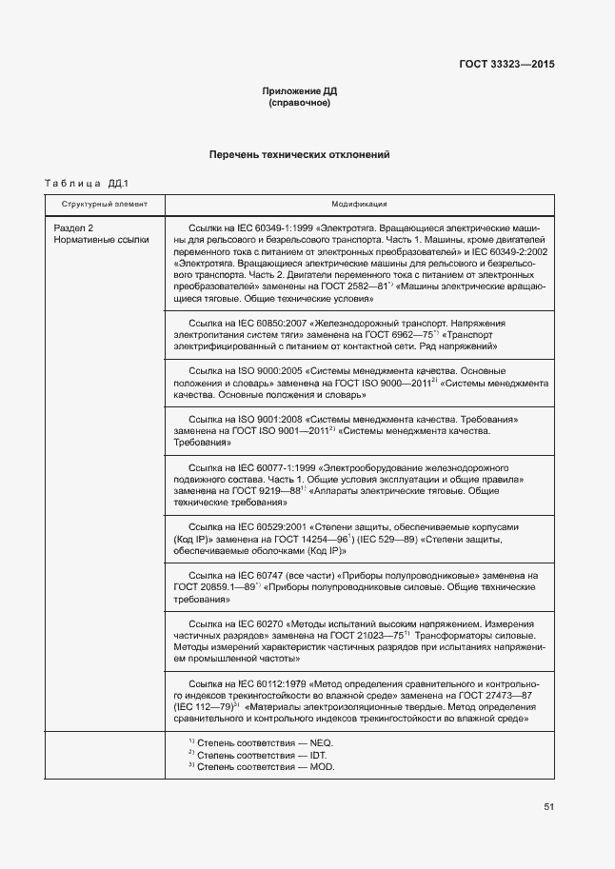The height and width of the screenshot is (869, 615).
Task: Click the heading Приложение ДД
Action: (x=300, y=91)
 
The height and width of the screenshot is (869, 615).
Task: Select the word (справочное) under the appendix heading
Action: (x=300, y=103)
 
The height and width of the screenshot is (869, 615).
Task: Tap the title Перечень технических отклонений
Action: (x=300, y=154)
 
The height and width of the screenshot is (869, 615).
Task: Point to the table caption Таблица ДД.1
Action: (x=87, y=183)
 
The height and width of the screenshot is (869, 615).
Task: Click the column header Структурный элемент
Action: (x=105, y=205)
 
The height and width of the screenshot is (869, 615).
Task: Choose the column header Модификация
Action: (x=359, y=205)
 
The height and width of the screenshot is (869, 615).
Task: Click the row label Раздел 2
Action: (x=73, y=229)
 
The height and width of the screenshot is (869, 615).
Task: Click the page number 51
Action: (x=549, y=807)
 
